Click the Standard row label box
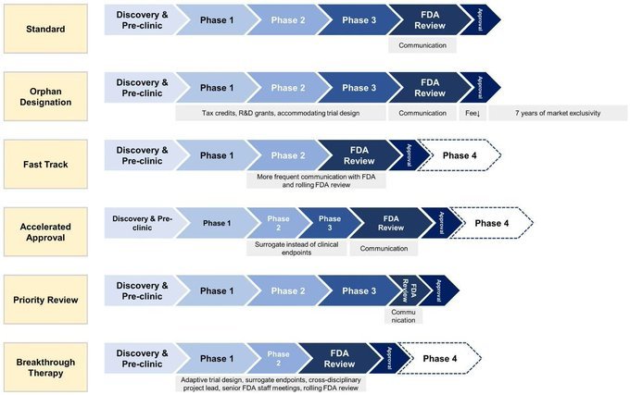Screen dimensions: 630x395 (x=45, y=29)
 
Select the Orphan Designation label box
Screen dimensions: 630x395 (x=45, y=96)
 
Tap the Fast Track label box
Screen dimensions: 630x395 (x=45, y=164)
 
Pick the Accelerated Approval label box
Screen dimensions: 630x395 (x=45, y=232)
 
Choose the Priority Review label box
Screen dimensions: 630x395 (x=45, y=300)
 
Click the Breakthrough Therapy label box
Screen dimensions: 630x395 (x=45, y=367)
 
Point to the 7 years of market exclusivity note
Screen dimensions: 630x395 (x=558, y=113)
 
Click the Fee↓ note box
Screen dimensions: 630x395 (x=472, y=113)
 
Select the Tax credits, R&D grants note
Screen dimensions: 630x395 (x=281, y=113)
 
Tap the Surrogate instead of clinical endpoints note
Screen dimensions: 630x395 (x=296, y=248)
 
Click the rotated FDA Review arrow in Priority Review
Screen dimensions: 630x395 (x=408, y=290)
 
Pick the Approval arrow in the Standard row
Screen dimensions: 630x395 (x=480, y=20)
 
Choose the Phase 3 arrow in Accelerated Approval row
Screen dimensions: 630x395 (x=330, y=223)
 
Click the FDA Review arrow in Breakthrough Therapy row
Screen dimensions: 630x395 (x=340, y=359)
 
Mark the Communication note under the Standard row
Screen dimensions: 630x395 (x=422, y=45)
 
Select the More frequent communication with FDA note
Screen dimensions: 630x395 (x=316, y=180)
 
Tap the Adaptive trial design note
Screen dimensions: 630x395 (x=271, y=384)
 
